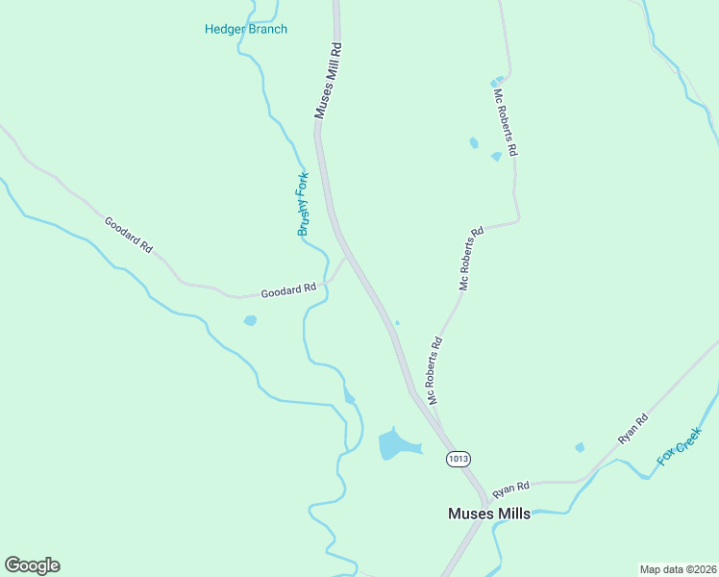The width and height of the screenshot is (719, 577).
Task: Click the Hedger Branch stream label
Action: tap(245, 29)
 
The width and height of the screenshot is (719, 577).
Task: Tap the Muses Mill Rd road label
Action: tap(328, 81)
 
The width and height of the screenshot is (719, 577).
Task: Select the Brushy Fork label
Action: tap(303, 204)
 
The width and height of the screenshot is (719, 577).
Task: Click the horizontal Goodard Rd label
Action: tap(289, 288)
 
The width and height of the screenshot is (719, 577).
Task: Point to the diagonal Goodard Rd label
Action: tap(129, 235)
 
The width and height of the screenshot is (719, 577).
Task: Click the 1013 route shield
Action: tap(458, 460)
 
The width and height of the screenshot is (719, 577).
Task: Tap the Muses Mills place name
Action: tap(488, 514)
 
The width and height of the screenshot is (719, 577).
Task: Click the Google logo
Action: tap(32, 565)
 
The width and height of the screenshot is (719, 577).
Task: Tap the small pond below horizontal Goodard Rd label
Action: tap(250, 320)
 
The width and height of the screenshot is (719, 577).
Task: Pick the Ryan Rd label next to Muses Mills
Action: tap(510, 489)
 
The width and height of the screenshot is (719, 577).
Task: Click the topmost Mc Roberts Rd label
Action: tap(506, 122)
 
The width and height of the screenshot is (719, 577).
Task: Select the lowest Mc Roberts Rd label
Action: tap(434, 369)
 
